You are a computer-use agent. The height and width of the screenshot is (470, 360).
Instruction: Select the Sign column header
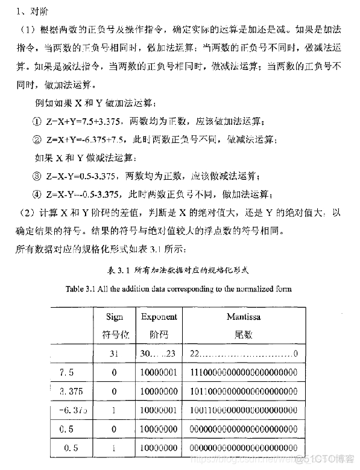point(114,316)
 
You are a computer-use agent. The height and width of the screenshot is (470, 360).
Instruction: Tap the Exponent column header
point(159,316)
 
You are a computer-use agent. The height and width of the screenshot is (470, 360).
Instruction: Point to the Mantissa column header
point(244,316)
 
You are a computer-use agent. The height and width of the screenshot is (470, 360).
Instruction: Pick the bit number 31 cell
point(114,352)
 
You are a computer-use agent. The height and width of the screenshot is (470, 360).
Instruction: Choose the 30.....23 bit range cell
point(159,352)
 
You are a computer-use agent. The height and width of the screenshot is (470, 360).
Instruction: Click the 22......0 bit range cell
point(244,352)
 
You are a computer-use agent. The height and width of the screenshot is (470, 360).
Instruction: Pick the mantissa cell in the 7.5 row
point(244,372)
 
